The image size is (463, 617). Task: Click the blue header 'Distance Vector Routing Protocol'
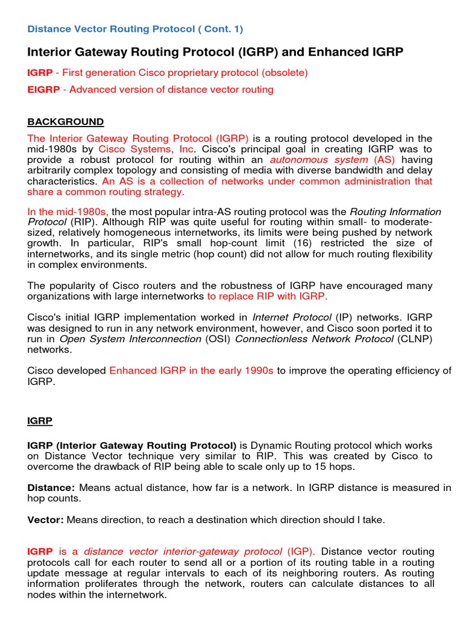(x=106, y=29)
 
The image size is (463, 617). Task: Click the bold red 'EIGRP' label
(x=40, y=90)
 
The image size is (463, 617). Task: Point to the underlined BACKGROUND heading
(x=66, y=122)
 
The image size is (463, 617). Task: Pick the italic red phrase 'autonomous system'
(x=319, y=160)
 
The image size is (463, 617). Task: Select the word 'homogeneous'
(x=121, y=233)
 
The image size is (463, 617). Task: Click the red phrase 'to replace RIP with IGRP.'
(x=267, y=296)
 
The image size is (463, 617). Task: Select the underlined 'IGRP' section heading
(x=40, y=421)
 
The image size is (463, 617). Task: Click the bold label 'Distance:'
(x=51, y=487)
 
